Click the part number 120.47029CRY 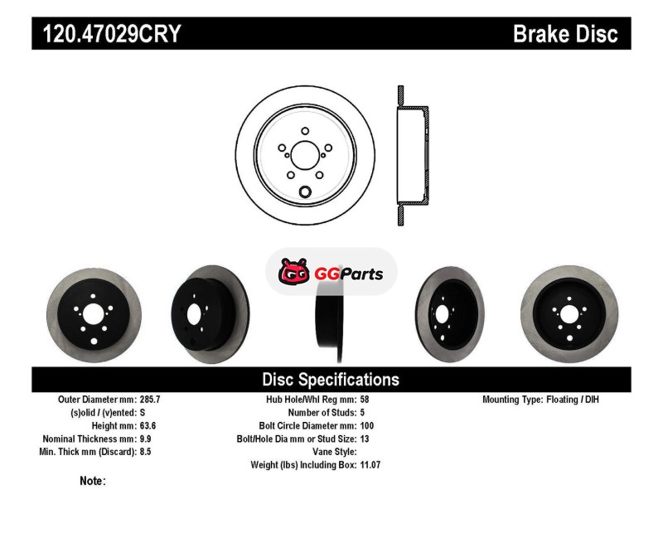coord(112,33)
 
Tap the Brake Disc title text coord(565,33)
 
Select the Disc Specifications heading coord(331,380)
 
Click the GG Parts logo coord(331,271)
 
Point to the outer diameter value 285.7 coord(150,400)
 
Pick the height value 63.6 coord(148,425)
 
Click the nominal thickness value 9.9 coord(146,439)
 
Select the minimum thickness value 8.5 coord(146,452)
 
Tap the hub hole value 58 coord(365,400)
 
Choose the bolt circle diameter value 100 coord(367,425)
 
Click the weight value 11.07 coord(370,465)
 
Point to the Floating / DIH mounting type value coord(573,400)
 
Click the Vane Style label coord(335,452)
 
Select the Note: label coord(93,481)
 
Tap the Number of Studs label coord(322,412)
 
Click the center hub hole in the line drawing coord(304,155)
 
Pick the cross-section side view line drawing coord(413,155)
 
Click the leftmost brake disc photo coord(94,315)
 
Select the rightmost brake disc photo coord(569,314)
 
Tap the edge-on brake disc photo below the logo coord(330,322)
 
